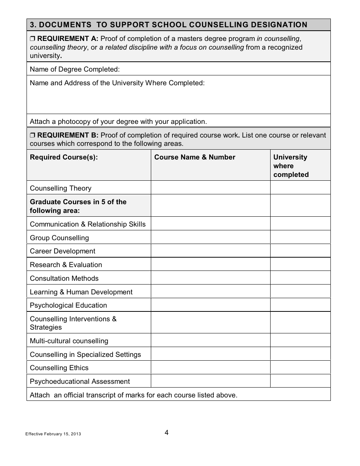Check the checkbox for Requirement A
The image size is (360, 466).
(32, 39)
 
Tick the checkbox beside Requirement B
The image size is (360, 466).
(32, 135)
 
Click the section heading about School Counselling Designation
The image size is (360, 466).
(169, 25)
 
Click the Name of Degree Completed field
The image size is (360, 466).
(224, 69)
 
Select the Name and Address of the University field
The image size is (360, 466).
(178, 97)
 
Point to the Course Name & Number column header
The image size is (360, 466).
(195, 158)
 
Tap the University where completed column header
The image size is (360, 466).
(291, 166)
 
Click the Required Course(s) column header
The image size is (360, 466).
(64, 158)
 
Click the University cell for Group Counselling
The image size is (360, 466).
(300, 238)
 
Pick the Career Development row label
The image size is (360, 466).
(63, 251)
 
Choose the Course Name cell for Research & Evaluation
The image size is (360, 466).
(210, 265)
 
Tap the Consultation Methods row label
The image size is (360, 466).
(64, 278)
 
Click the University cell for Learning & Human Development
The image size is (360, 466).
(300, 292)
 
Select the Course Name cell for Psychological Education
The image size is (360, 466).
(210, 305)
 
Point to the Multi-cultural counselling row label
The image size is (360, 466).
(69, 341)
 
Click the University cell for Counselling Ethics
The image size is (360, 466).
(300, 368)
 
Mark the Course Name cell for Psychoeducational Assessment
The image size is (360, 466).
(210, 382)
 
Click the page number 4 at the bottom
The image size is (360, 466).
(167, 433)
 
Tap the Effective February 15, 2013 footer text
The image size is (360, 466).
(53, 434)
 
